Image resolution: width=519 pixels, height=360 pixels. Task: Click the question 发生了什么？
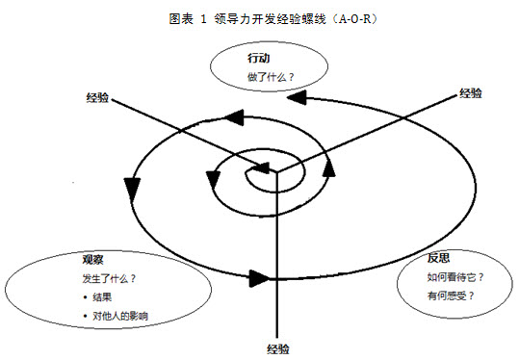[109, 279]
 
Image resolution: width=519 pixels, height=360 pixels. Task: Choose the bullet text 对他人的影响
[122, 316]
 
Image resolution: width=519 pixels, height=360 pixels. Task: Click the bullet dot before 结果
[87, 297]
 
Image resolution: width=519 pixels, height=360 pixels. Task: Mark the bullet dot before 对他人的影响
[87, 316]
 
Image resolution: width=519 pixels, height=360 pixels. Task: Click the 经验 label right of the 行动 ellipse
[471, 92]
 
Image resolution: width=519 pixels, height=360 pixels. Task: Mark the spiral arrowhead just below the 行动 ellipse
[301, 97]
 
